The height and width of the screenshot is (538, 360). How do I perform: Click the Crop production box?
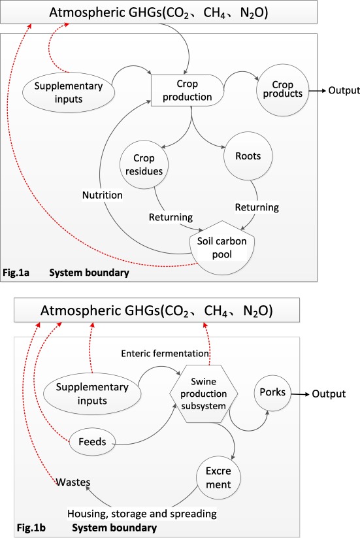coord(188,90)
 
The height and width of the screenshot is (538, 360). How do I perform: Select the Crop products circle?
coord(282,90)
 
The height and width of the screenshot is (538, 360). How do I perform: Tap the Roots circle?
coord(248,156)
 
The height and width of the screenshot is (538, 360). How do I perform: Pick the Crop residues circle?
coord(144,165)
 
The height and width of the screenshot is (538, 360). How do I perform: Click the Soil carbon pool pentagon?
coord(222,248)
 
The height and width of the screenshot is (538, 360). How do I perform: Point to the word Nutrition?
coord(102,195)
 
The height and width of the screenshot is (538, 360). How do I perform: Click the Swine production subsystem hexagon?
coord(203,394)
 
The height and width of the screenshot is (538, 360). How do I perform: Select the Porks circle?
coord(272,392)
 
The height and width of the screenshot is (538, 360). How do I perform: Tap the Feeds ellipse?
coord(92,442)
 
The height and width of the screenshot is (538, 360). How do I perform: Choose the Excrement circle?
coord(218,477)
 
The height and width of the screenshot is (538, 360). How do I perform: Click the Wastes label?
coord(73,482)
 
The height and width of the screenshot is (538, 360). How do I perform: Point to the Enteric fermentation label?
coord(165,354)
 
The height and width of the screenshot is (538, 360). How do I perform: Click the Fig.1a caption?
coord(16,273)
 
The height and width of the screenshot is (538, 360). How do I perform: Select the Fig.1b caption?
coord(31,528)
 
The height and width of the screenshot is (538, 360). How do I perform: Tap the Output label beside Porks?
coord(329,394)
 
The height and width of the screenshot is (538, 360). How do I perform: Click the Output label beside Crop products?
coord(344,90)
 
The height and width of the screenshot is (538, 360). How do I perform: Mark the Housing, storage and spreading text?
coord(142,514)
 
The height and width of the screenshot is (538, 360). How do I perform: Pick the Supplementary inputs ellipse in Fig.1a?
coord(69,92)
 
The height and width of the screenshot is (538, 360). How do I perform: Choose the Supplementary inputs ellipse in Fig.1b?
coord(92,394)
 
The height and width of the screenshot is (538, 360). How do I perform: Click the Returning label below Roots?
coord(257,207)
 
